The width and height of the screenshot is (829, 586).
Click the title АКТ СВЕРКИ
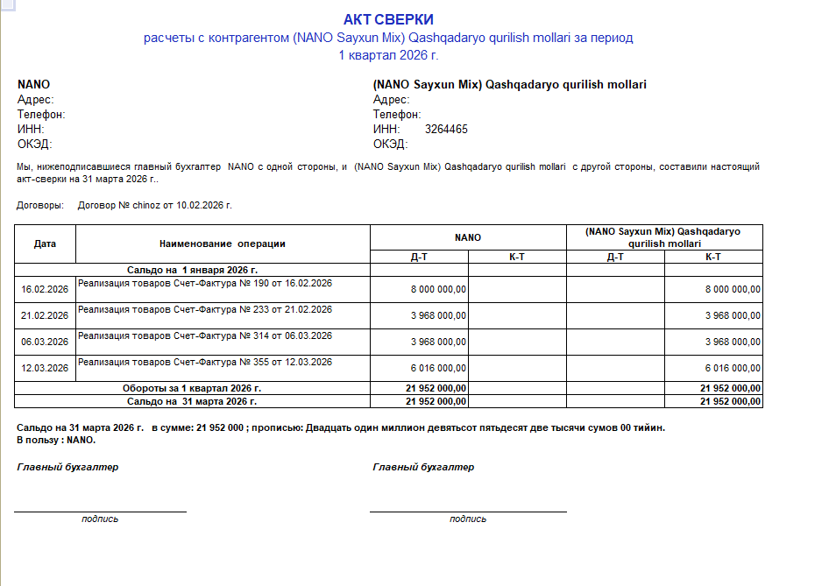(x=388, y=19)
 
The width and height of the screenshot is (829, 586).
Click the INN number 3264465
(x=446, y=130)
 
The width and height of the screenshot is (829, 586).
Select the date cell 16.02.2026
(x=45, y=289)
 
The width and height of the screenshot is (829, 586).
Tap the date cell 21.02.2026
(x=45, y=315)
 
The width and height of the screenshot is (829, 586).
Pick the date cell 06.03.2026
(x=45, y=342)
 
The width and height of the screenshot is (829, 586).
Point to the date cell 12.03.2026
(x=45, y=368)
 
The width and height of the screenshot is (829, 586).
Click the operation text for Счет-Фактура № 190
(x=205, y=284)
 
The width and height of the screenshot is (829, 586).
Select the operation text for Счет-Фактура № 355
(x=205, y=363)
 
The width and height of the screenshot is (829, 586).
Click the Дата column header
(x=45, y=244)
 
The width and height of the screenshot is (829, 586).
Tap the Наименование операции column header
(x=223, y=244)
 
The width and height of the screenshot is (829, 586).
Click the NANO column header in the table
(x=468, y=237)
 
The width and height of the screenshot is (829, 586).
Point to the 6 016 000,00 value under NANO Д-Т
(x=438, y=368)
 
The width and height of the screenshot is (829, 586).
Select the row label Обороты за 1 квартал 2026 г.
(x=191, y=388)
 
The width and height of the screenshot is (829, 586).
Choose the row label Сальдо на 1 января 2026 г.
(x=192, y=271)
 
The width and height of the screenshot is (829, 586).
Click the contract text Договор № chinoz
(x=154, y=205)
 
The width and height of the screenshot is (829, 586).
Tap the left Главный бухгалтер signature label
(x=67, y=467)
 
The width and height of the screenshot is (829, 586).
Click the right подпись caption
(x=468, y=519)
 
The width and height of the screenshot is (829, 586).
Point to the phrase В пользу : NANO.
(x=56, y=440)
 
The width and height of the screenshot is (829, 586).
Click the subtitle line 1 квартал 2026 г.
(x=387, y=54)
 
